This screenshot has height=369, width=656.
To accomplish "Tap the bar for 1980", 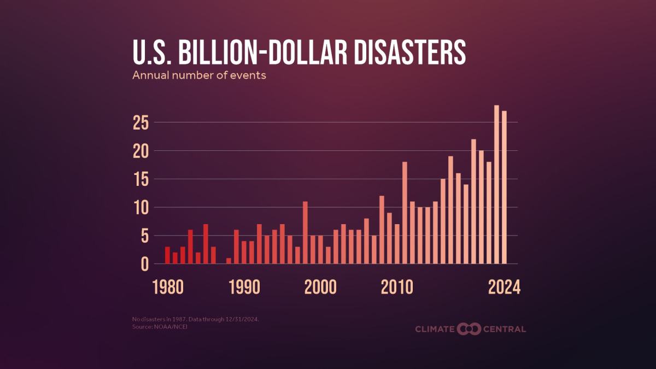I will coord(167,255).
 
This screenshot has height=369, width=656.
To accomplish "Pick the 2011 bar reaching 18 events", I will coord(405,213).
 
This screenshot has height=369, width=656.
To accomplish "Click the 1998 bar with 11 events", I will coord(305,233).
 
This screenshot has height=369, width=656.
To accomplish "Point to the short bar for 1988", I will coord(229,261).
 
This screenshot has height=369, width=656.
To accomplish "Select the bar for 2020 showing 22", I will coord(473,202).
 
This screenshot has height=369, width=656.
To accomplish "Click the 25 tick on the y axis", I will coord(140,123).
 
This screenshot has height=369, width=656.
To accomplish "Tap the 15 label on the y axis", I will coord(140,180).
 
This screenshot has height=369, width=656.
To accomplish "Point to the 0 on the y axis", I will coord(144,265).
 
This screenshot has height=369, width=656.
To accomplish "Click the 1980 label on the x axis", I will coord(168,287).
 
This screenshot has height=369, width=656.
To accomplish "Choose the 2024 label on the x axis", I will coord(503,287).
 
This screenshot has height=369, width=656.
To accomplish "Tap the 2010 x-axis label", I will coord(397,287).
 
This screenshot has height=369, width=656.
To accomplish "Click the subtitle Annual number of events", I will coord(199,75).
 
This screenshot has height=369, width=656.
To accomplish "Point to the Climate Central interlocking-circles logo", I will coord(468,329).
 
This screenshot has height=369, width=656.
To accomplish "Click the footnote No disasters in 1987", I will coord(159,318).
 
